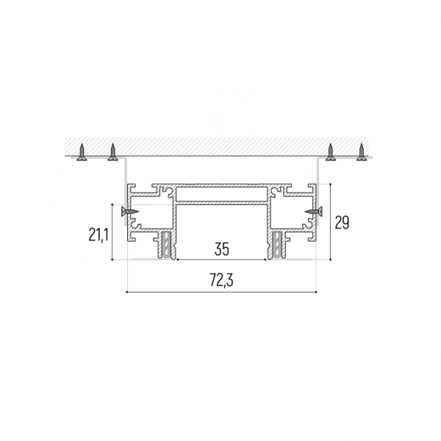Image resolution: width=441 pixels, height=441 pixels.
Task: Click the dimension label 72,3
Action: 222,280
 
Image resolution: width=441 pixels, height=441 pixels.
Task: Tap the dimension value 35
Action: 222,248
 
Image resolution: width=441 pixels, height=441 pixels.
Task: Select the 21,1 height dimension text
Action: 98,234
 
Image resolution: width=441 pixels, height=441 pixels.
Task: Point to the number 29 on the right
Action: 342,222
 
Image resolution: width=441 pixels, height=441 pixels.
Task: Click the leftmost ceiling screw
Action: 82,152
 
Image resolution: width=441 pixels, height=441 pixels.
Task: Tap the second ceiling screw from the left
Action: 112,152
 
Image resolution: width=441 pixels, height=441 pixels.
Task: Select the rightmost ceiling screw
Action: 362,152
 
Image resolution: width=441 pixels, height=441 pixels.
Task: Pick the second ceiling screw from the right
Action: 331,152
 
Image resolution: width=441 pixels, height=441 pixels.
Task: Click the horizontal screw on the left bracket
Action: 129,211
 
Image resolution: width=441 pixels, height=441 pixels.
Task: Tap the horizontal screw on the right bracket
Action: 313,211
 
